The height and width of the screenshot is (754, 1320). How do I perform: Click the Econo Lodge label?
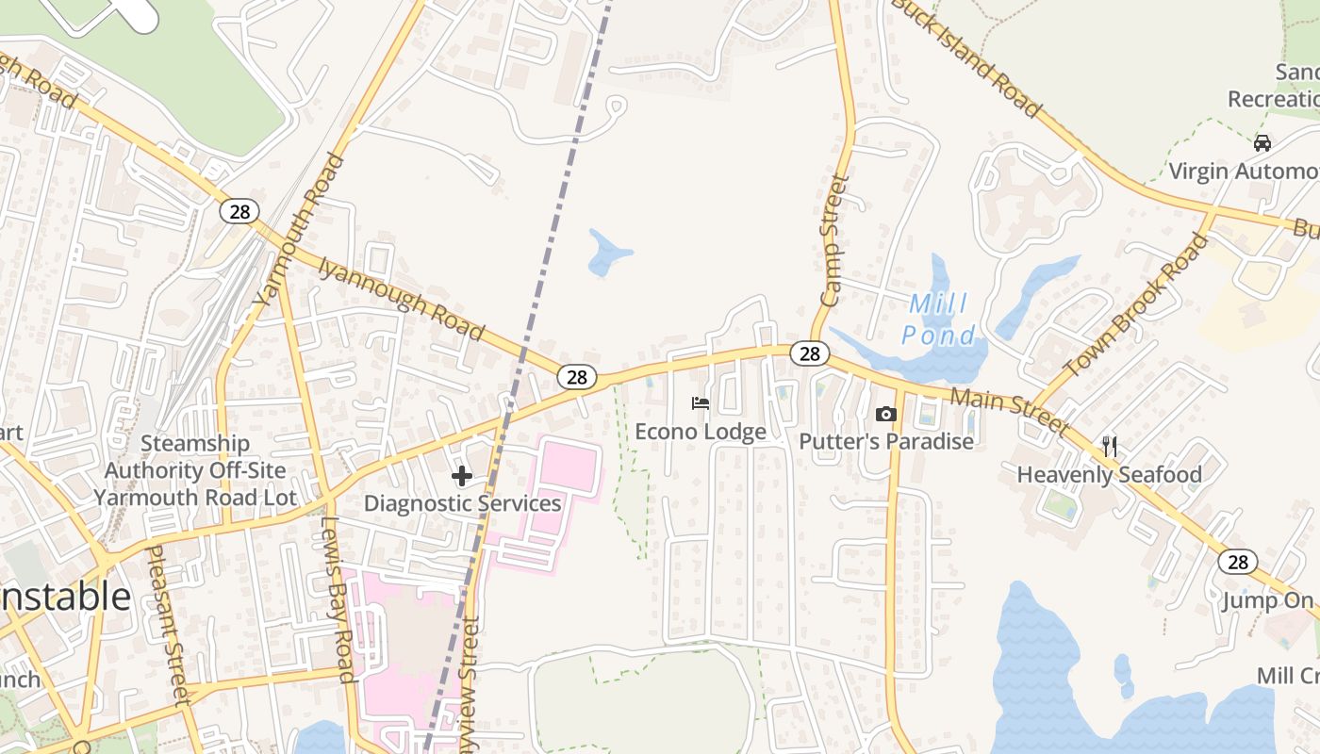[x=700, y=432]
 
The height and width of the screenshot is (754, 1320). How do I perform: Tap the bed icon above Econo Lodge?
[x=700, y=403]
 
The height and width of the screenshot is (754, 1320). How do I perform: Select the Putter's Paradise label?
[x=885, y=441]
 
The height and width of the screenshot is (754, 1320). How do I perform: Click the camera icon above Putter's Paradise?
[x=885, y=414]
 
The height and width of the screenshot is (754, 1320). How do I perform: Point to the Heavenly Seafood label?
[x=1109, y=474]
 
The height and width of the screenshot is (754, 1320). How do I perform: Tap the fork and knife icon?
[x=1109, y=446]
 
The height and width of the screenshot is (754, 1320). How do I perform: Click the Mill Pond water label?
[x=938, y=320]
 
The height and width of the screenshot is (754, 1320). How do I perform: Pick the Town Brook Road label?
[x=1136, y=304]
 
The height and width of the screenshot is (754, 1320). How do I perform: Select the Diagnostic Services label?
[x=462, y=503]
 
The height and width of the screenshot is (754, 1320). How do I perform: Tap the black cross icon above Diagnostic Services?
[x=462, y=476]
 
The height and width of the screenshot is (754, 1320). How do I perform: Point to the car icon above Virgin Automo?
[x=1262, y=143]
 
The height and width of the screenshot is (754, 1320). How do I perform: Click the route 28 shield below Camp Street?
[x=809, y=353]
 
